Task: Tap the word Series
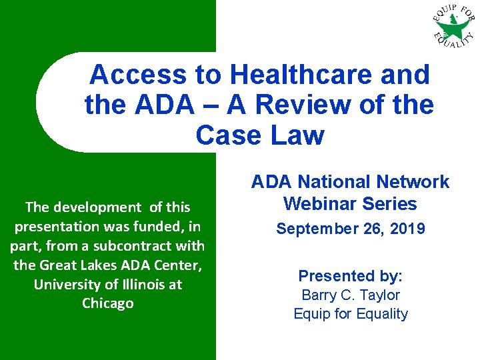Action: [x=392, y=204]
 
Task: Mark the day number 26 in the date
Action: [x=372, y=229]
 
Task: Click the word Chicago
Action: [x=108, y=303]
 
